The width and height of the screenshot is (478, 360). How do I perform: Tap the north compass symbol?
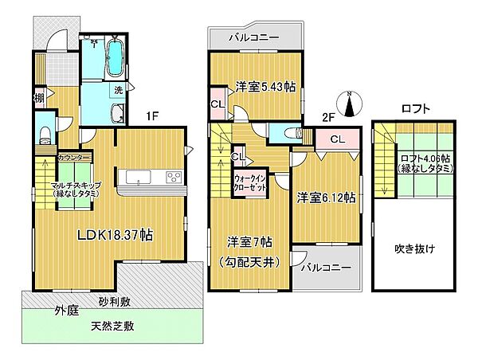pos(350,103)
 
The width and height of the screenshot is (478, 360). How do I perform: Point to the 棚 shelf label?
pos(37,98)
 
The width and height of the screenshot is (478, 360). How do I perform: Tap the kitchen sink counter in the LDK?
pos(150,176)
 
